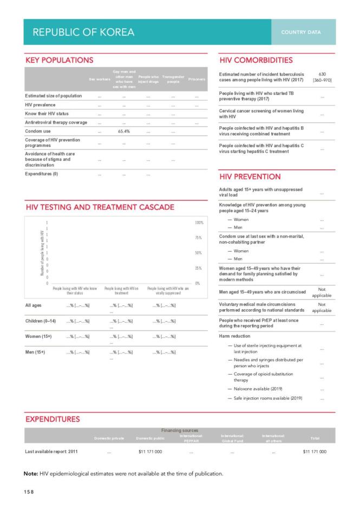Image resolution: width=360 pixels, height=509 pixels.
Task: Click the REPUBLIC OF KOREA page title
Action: pos(83,32)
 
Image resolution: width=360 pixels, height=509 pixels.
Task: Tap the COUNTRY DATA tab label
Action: pos(300,32)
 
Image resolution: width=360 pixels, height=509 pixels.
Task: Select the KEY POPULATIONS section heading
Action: pos(60,60)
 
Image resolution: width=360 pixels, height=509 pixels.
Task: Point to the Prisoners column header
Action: pos(197,79)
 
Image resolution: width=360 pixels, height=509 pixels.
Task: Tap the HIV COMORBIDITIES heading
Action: pos(256,60)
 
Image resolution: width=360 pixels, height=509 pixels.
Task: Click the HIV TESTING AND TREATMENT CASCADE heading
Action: pos(100,207)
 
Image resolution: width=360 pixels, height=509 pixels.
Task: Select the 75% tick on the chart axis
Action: pos(198,238)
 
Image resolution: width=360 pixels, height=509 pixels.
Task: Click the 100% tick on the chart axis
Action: pos(198,223)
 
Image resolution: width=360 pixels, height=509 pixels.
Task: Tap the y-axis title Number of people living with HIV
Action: pos(42,252)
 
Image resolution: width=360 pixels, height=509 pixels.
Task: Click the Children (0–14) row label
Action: pos(42,321)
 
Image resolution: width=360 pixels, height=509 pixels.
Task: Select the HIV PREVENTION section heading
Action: pos(250,177)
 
